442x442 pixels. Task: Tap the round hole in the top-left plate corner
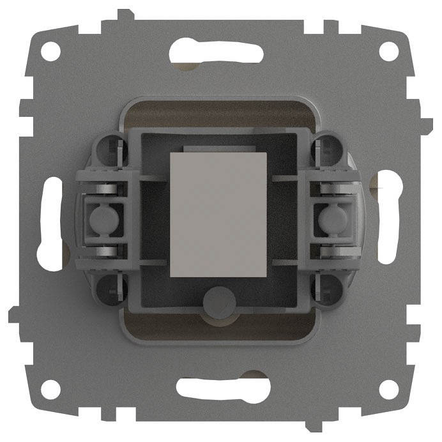point(50,50)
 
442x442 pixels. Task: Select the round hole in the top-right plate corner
point(388,50)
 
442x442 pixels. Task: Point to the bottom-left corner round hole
point(50,388)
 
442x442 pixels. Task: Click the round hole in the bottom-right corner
point(388,388)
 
